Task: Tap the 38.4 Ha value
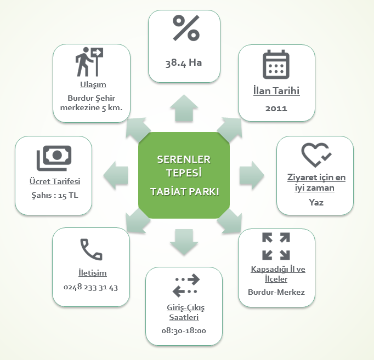184,62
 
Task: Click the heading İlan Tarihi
276,91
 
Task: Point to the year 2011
276,108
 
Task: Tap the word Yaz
316,202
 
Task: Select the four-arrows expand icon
276,246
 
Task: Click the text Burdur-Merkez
276,292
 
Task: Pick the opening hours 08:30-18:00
184,330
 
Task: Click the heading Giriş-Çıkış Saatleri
184,312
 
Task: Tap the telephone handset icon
91,249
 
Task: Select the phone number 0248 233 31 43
91,287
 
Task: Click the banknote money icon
54,158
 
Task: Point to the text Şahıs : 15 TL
54,195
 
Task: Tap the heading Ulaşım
91,84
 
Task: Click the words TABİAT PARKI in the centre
184,192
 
